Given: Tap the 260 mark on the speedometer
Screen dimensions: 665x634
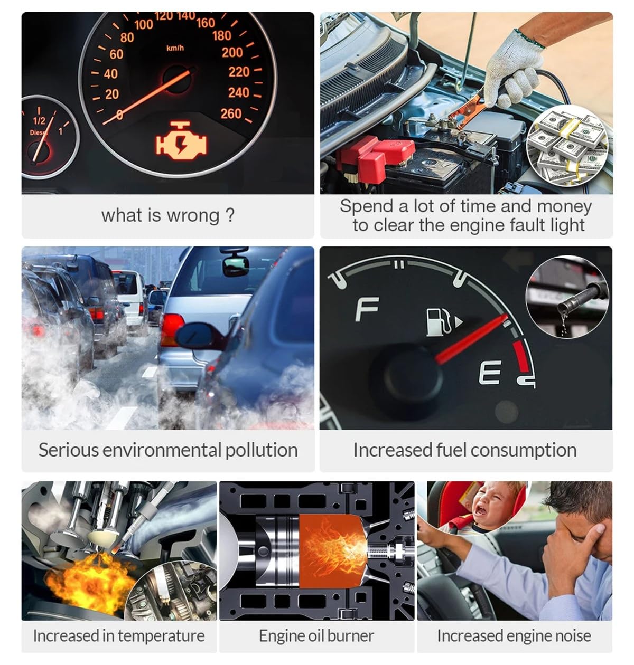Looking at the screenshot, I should coord(231,113).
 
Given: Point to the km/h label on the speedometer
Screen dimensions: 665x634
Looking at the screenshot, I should coord(175,49).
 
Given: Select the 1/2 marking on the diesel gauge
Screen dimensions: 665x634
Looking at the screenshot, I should coord(39,121).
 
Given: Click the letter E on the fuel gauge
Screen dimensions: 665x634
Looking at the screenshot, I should coord(490,373).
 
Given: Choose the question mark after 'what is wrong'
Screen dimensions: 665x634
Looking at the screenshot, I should coord(229,215).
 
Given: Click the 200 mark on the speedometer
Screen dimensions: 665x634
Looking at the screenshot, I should coord(232,52).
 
